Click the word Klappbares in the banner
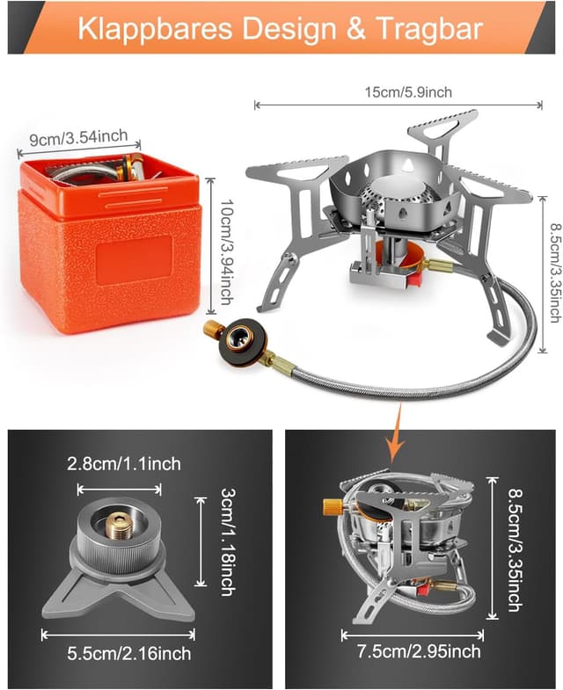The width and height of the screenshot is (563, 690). [155, 29]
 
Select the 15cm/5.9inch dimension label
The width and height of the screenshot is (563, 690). [408, 92]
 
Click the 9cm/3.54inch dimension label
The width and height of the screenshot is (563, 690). [78, 137]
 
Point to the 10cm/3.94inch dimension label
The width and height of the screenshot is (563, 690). [226, 251]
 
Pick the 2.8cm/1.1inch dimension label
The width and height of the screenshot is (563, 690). [124, 464]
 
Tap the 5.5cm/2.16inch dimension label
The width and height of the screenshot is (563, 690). [129, 653]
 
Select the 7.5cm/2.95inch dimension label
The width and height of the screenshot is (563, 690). [419, 651]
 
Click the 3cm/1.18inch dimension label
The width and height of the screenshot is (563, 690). [228, 541]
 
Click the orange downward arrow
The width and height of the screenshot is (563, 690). [395, 433]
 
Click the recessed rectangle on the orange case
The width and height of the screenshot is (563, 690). [135, 260]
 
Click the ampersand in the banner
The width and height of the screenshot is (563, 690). [355, 29]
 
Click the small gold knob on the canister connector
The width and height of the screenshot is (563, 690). [213, 328]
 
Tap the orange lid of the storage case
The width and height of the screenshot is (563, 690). [109, 189]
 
